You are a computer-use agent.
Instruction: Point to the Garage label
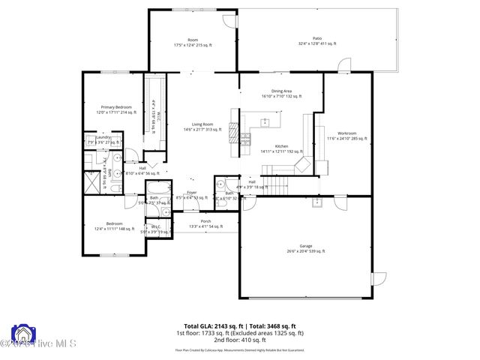pos(305,248)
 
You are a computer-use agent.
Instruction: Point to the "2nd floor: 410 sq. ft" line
pos(239,340)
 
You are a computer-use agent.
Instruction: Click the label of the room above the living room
pos(193,42)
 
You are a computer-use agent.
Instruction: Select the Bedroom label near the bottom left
pos(114,226)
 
